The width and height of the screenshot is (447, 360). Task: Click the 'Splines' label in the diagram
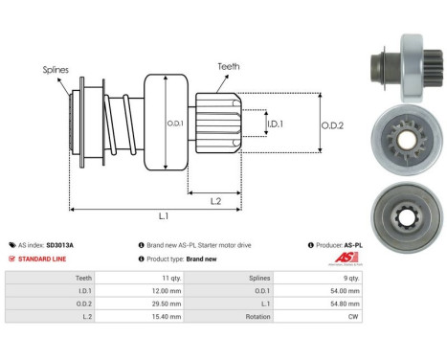point(55,70)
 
